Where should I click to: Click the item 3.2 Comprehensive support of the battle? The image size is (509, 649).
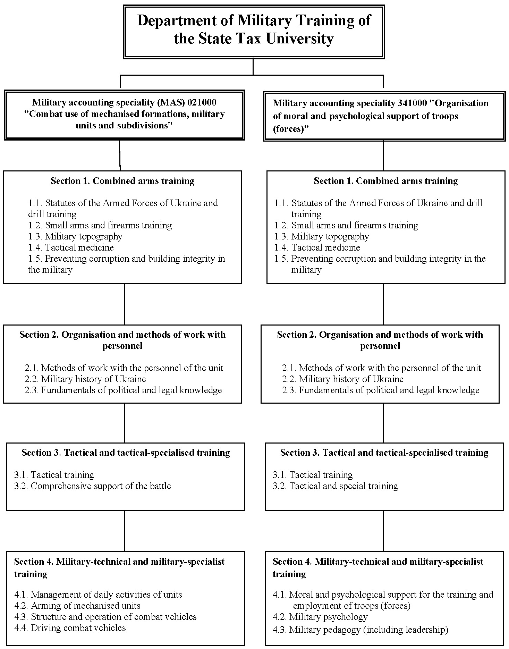[x=93, y=486]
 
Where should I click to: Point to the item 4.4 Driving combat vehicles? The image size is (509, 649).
[x=70, y=628]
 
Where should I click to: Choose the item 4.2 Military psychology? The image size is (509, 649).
[x=320, y=617]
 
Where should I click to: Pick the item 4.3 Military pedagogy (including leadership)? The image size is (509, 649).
[x=360, y=629]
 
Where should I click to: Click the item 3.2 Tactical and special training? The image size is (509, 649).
[x=336, y=486]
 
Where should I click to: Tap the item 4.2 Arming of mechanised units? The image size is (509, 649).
[x=77, y=606]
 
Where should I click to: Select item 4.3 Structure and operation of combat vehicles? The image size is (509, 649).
[x=105, y=617]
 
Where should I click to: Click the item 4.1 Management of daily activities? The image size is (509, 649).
[x=98, y=595]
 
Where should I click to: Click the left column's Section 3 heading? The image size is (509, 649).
[x=126, y=453]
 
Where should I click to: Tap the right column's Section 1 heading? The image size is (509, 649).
[x=386, y=181]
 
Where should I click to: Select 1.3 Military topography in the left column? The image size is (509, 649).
[x=75, y=236]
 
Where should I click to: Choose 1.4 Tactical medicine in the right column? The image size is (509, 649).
[x=317, y=247]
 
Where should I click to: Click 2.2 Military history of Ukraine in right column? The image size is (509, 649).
[x=343, y=379]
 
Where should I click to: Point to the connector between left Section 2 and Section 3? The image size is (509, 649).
[x=124, y=423]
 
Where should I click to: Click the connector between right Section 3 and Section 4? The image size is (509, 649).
[x=383, y=531]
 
